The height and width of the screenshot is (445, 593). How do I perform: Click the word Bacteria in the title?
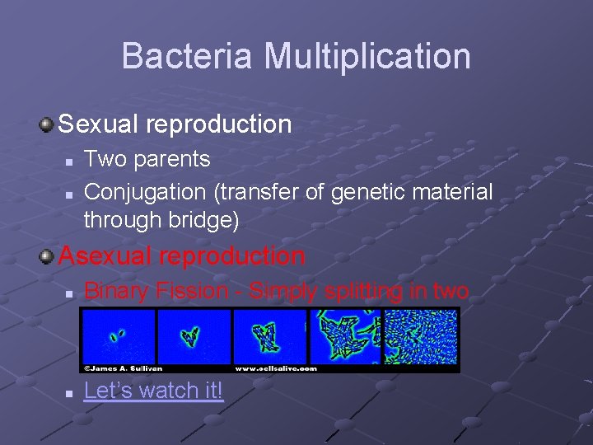pos(189,56)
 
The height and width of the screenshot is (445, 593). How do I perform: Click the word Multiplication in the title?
pos(367,56)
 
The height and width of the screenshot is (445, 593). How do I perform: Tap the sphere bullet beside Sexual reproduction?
pos(47,124)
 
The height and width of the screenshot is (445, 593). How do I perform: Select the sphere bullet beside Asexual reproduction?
pos(47,256)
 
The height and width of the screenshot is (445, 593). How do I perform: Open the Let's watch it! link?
pos(153,390)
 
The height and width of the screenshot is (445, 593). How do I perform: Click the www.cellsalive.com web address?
pos(275,368)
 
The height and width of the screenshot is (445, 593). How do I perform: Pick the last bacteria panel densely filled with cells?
pos(421,335)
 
